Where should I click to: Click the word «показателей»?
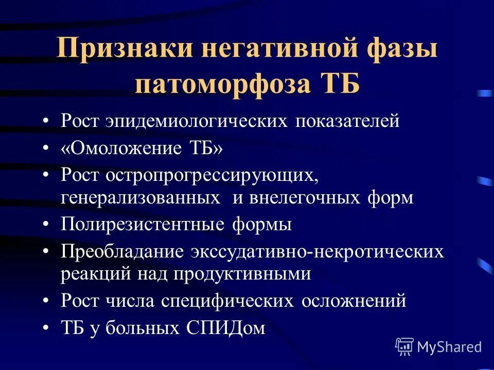[347, 122]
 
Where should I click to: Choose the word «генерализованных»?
[138, 198]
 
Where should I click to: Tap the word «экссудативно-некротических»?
[317, 251]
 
